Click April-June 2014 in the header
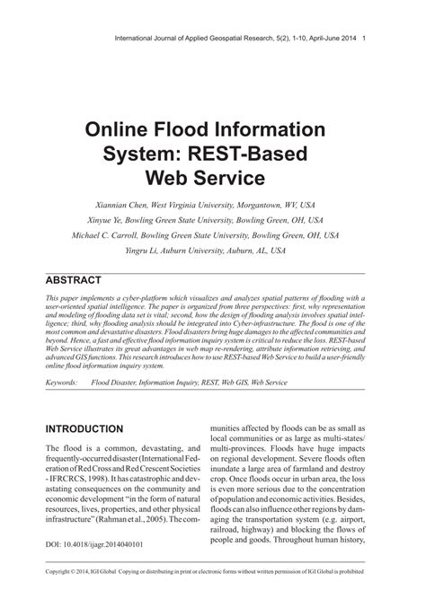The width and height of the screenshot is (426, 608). tap(329, 37)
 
